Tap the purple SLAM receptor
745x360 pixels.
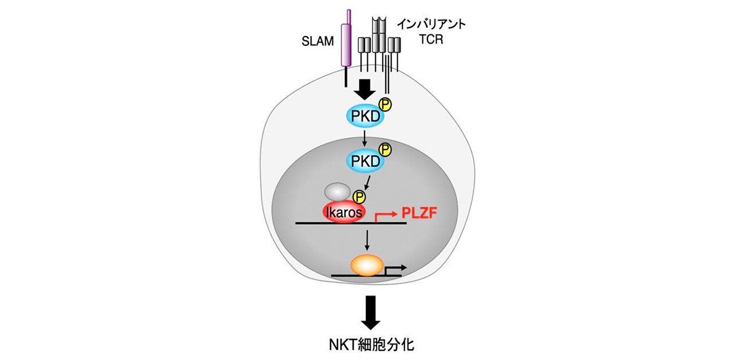(346, 46)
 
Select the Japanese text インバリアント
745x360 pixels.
(432, 26)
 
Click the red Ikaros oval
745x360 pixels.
(343, 212)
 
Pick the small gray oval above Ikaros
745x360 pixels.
(337, 191)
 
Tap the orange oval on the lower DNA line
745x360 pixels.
(367, 265)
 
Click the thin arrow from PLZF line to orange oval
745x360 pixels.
(366, 239)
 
